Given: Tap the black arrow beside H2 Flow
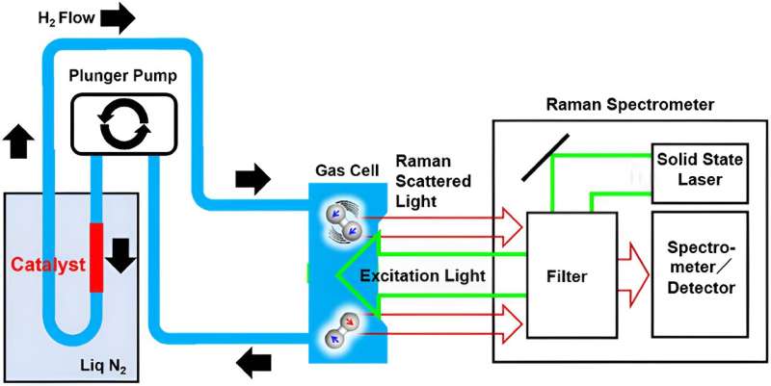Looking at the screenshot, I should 116,17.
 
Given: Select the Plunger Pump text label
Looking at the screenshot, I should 124,76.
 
